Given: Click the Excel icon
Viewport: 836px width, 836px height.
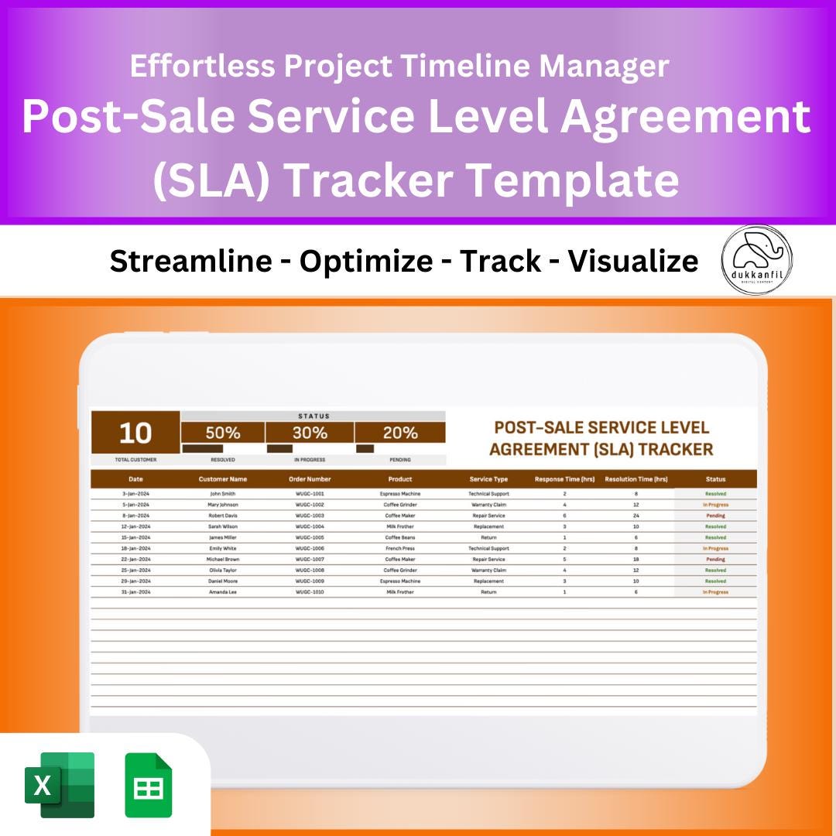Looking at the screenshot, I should [60, 785].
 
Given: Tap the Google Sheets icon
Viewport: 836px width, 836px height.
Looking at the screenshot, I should [149, 785].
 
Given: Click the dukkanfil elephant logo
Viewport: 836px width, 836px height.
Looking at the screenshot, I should [756, 260].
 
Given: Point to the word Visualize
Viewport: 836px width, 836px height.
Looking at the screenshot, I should [633, 262].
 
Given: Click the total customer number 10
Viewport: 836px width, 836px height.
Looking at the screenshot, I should [135, 433].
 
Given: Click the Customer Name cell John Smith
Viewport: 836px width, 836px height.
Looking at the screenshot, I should [222, 493].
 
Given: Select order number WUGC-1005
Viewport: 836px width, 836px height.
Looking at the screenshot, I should [310, 537].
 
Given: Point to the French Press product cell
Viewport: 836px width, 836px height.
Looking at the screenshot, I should [400, 548].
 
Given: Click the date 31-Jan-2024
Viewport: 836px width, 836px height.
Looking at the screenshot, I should [135, 592].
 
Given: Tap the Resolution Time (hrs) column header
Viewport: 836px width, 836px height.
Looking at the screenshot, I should [636, 479].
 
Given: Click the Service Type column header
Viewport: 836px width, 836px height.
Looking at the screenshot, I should [488, 479].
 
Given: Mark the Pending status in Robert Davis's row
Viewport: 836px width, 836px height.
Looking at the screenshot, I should [715, 516].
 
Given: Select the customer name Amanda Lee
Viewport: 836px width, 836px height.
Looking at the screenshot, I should [222, 592].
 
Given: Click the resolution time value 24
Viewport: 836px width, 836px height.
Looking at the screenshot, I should [636, 516].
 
